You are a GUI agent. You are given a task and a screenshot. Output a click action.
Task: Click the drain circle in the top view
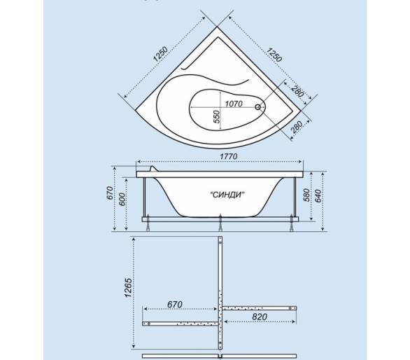[x=257, y=107]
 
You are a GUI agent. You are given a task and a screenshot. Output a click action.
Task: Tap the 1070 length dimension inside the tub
[x=234, y=104]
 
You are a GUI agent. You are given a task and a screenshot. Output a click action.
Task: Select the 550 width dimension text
[x=217, y=116]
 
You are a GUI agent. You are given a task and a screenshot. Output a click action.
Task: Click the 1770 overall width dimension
[x=229, y=157]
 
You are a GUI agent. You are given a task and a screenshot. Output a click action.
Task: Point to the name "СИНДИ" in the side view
[x=227, y=195]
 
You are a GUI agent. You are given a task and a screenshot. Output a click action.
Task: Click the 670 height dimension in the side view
[x=110, y=193]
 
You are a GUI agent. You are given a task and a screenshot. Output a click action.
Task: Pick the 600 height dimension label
[x=122, y=199]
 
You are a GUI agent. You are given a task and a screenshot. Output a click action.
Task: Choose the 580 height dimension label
[x=306, y=195]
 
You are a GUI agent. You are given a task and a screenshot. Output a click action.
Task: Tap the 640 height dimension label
[x=318, y=196]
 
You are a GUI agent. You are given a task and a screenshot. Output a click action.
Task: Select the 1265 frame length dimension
[x=128, y=288]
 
